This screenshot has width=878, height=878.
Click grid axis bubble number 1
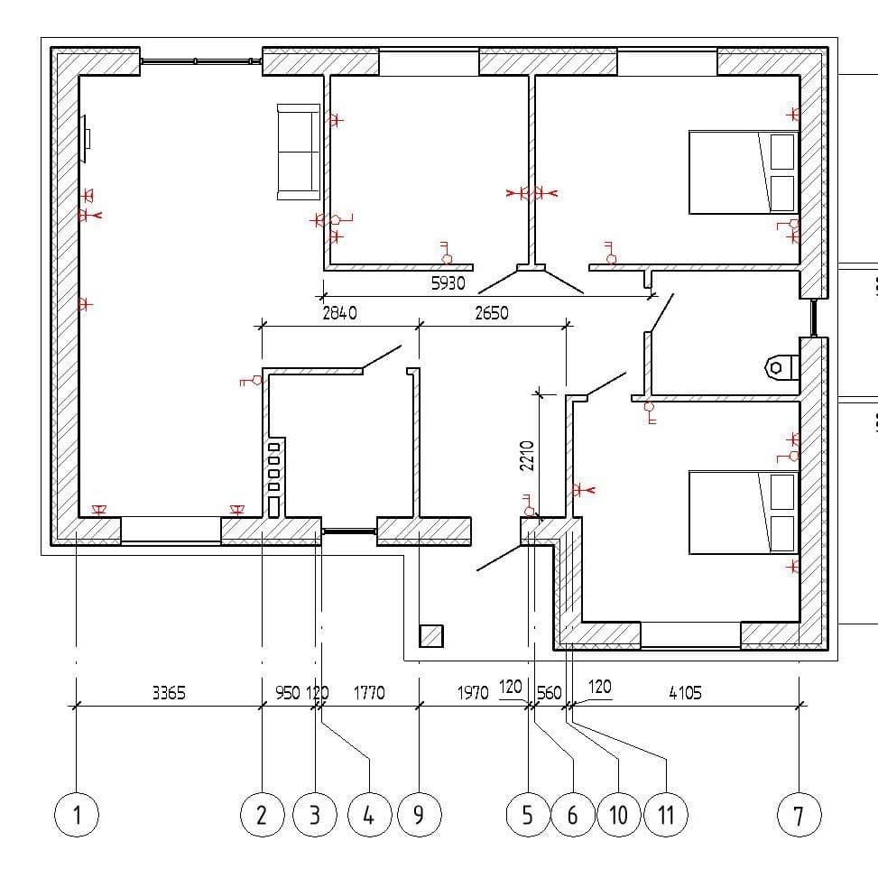[x=77, y=815]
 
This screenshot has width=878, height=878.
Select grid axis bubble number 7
[x=799, y=815]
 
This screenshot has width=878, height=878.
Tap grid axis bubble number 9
[x=420, y=815]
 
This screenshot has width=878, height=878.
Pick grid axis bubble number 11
[x=666, y=815]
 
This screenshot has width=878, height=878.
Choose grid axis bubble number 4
[x=370, y=815]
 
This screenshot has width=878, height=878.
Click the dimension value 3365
[x=169, y=693]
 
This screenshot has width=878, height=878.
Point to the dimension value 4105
[x=686, y=693]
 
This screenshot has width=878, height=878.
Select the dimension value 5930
[x=448, y=283]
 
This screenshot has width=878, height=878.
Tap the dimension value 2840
[x=339, y=312]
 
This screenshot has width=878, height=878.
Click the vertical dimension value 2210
[x=527, y=456]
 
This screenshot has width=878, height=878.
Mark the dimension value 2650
[x=492, y=312]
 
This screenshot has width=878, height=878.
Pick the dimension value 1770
[x=369, y=693]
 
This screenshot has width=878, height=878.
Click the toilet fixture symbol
[x=781, y=367]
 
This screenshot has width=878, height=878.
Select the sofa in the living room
[x=299, y=152]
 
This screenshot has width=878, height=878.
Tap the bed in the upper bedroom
[x=744, y=172]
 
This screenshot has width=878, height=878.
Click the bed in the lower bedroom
[x=744, y=513]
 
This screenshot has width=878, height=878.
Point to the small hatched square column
[x=431, y=636]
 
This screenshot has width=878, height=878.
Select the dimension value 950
[x=288, y=693]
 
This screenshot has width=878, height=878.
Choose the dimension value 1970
[x=473, y=693]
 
